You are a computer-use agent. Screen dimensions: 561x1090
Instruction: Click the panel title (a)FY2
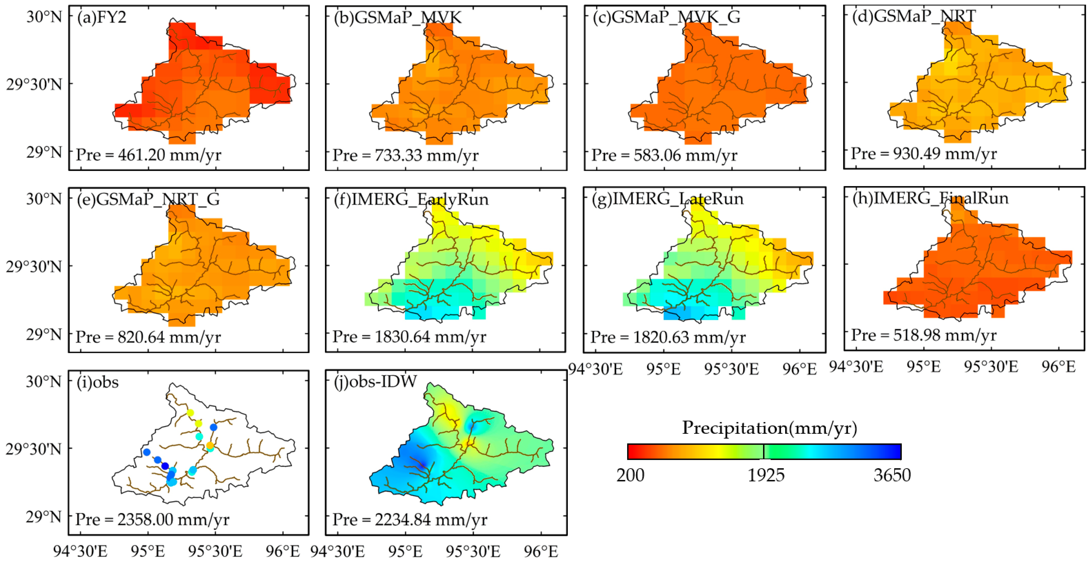coord(102,18)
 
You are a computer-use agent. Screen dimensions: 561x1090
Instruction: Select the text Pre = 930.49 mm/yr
coord(924,153)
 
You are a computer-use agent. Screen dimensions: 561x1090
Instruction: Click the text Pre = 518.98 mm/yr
coord(924,335)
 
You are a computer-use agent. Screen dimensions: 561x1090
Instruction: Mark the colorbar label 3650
coord(892,475)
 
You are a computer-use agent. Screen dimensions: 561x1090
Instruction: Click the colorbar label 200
coord(631,475)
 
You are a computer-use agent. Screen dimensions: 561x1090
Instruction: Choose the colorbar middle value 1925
coord(766,475)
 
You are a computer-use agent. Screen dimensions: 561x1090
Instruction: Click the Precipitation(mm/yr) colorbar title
coord(769,428)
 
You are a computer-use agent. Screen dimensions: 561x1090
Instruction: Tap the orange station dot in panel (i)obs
coord(210,445)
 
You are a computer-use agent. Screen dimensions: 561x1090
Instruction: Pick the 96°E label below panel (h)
coord(1059,366)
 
